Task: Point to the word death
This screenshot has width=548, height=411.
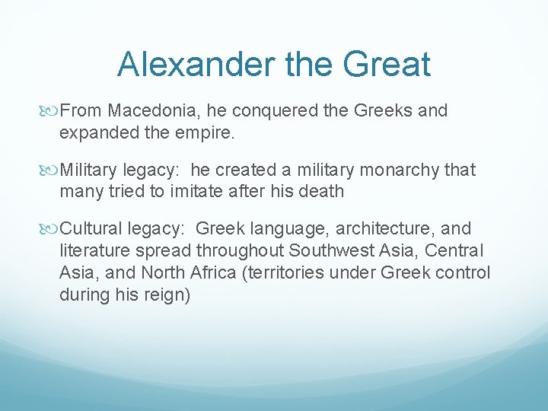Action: click(x=322, y=190)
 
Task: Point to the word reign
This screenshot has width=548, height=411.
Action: click(x=165, y=295)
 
